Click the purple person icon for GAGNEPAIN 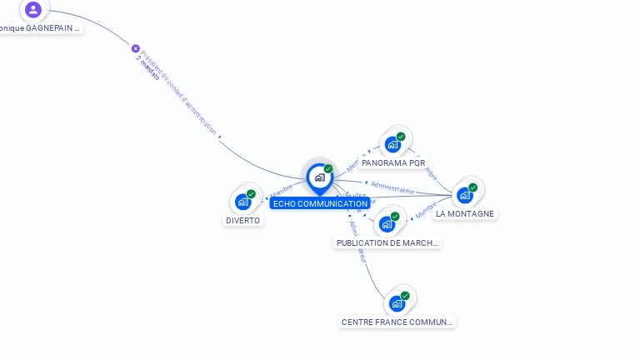[33, 10]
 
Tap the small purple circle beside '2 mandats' [136, 48]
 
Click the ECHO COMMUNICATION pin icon [319, 177]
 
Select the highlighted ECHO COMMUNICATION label [320, 203]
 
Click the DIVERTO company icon [242, 201]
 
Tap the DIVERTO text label [242, 221]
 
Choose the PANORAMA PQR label [393, 163]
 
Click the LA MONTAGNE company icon [465, 194]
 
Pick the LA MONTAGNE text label [465, 213]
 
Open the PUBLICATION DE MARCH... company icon [387, 223]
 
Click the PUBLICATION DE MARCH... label [387, 243]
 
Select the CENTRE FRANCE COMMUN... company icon [397, 302]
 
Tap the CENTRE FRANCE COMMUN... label [397, 322]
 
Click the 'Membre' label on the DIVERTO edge [282, 192]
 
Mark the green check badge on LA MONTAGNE [472, 187]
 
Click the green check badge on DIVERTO [251, 194]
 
